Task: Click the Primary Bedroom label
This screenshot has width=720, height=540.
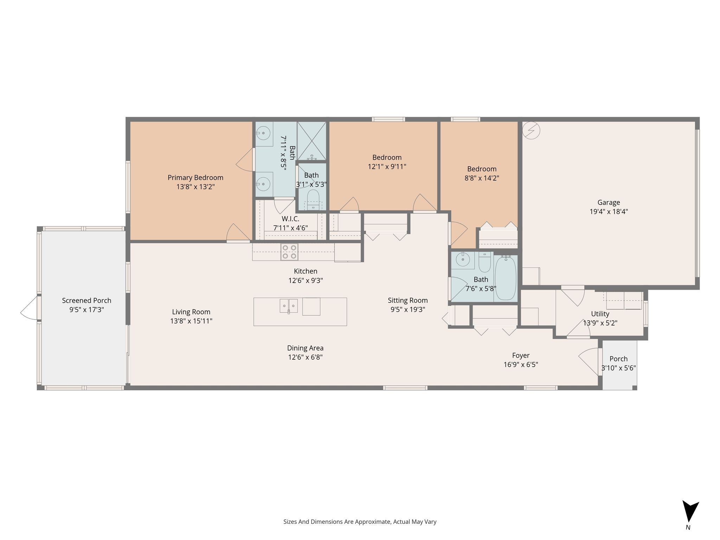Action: point(195,178)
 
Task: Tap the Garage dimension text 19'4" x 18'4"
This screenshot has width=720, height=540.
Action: point(609,212)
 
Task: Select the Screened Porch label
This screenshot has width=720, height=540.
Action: point(86,301)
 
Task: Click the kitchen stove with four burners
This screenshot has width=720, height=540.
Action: point(289,252)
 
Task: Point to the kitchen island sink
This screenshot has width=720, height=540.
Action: point(289,306)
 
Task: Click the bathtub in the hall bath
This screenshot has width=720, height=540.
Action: point(506,278)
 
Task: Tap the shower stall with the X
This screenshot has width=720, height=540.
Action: point(312,141)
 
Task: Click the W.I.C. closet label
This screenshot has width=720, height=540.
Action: point(290,219)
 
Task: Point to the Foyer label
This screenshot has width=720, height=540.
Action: point(521,355)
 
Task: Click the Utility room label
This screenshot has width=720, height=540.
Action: point(600,314)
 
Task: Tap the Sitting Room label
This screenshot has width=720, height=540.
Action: point(408,300)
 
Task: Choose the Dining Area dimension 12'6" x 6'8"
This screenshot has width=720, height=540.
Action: point(305,357)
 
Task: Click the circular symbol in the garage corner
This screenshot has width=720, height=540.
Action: point(531,131)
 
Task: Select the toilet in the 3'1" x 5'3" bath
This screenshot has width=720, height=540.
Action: point(313,199)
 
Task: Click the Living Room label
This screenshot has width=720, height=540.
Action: point(191,312)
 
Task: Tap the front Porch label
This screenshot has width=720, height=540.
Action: point(618,359)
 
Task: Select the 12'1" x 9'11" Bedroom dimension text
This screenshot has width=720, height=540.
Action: point(387,167)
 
